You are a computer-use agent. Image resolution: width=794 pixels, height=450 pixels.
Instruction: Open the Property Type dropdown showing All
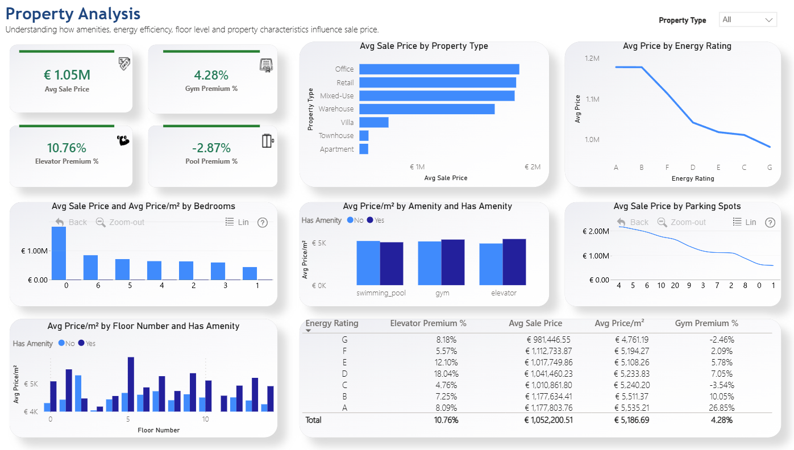[747, 19]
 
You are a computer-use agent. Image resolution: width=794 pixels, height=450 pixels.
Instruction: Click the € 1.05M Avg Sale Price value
[67, 75]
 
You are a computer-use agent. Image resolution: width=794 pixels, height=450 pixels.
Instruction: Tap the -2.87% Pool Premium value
[211, 148]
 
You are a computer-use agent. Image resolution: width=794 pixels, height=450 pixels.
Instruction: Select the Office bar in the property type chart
[439, 69]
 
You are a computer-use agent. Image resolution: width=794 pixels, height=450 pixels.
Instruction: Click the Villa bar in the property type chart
[374, 122]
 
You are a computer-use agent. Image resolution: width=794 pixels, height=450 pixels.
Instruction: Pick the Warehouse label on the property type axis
[336, 109]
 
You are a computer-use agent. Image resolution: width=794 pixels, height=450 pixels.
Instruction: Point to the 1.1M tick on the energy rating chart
[592, 99]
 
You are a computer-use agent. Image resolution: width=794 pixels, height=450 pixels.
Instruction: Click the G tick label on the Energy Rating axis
[770, 167]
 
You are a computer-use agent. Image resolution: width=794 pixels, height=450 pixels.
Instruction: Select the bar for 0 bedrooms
[59, 253]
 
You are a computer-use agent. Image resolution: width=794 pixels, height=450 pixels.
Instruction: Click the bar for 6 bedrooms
[90, 268]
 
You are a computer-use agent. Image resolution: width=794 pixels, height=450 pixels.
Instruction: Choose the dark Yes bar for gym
[453, 262]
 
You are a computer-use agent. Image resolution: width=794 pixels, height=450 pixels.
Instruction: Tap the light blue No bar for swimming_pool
[368, 263]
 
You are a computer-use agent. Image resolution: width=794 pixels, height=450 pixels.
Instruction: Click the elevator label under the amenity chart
[504, 293]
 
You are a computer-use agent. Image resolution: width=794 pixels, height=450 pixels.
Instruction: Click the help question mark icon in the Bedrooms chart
[263, 223]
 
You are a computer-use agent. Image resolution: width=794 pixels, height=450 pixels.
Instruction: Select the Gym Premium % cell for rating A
[722, 408]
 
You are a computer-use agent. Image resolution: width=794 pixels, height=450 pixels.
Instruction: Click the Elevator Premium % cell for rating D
[446, 374]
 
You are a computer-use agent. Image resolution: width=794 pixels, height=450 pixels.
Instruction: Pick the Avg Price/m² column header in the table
[620, 323]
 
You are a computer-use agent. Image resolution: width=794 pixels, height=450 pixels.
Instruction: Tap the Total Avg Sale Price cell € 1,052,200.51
[548, 420]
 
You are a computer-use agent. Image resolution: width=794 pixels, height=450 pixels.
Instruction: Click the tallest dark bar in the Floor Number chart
[131, 384]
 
